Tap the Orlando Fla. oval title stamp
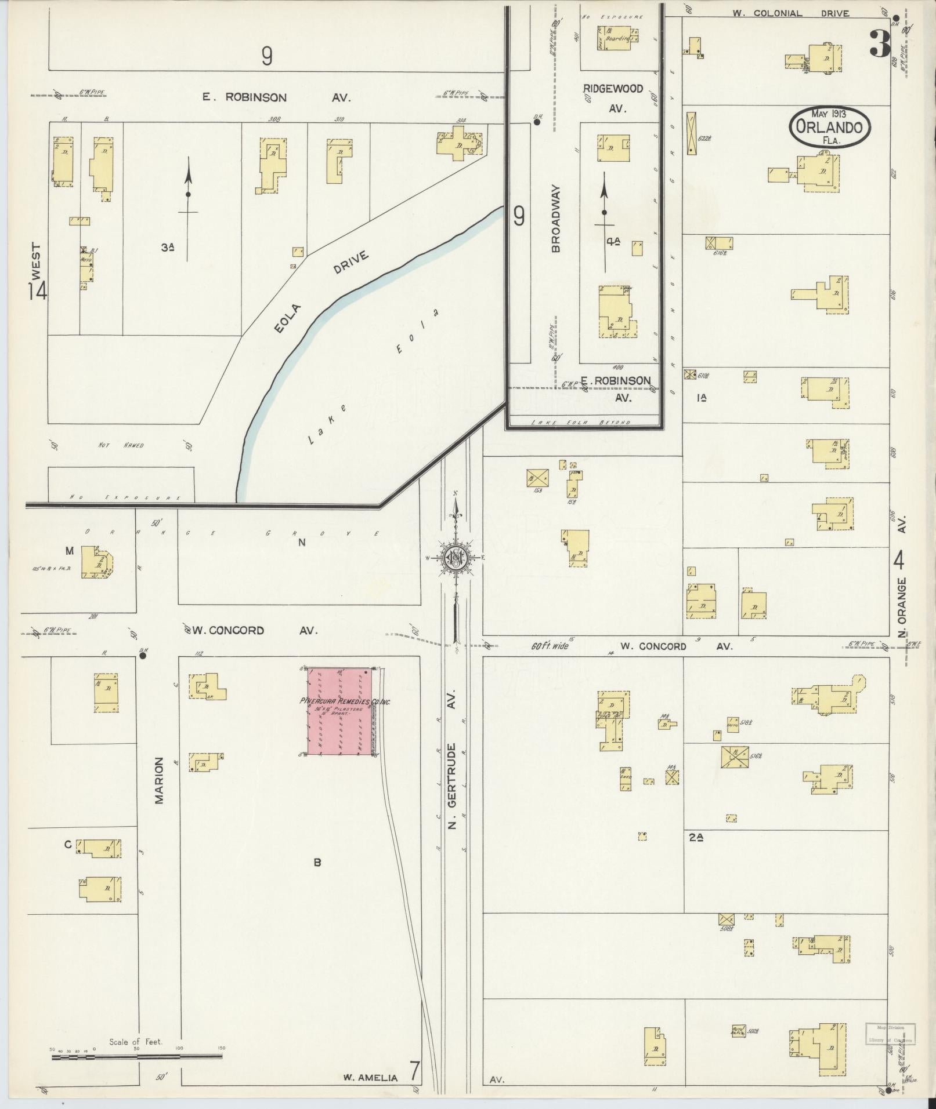[830, 125]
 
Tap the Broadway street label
[556, 219]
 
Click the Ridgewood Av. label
[613, 97]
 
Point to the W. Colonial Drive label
[790, 13]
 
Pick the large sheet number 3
[879, 44]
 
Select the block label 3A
[168, 248]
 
